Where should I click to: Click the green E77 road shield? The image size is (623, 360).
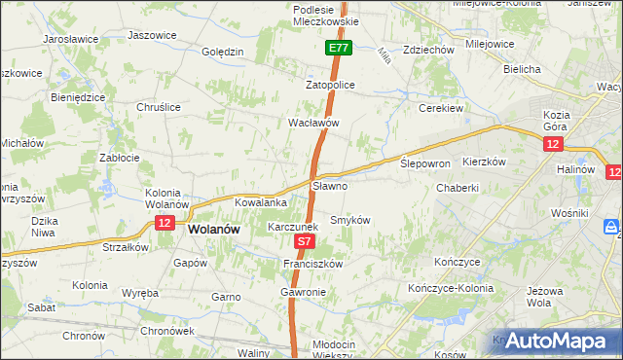pos(338,48)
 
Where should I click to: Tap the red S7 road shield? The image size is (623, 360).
pos(305,241)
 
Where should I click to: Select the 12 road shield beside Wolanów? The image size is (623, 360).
pos(164,224)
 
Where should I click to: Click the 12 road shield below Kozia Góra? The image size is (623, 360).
pos(553,144)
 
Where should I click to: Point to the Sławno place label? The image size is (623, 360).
pos(329,185)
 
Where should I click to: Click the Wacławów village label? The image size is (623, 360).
pos(312,124)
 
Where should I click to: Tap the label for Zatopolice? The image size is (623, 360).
pos(331,85)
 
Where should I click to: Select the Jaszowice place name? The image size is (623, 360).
pos(152,35)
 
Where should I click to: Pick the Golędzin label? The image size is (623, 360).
pos(222,52)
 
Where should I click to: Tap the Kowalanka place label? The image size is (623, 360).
pos(260,202)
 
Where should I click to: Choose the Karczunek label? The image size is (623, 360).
pos(293,226)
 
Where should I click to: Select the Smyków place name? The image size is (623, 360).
pos(351,220)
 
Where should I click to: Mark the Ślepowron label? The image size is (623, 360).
pos(425,164)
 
